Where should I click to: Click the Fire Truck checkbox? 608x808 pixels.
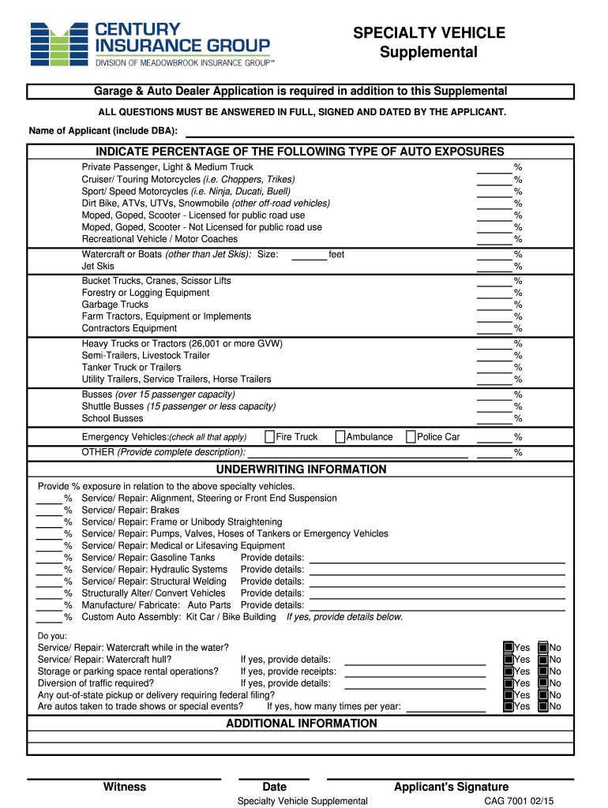(x=270, y=436)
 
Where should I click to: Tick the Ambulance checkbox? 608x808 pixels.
(x=340, y=436)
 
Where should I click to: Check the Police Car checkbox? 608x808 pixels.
(x=411, y=436)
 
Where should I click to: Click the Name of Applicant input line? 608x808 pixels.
(x=379, y=130)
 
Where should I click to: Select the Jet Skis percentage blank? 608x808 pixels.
(x=494, y=266)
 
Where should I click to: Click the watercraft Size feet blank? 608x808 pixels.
(x=309, y=255)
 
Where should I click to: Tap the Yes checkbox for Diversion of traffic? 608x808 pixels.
(x=509, y=683)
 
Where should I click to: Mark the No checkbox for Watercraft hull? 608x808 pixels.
(x=543, y=660)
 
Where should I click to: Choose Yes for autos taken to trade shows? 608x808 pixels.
(x=509, y=707)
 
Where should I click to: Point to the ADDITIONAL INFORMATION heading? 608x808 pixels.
(x=302, y=724)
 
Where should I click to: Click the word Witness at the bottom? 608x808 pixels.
(x=125, y=787)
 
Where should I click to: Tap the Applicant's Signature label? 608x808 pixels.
(x=451, y=787)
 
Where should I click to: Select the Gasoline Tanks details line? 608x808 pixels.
(x=437, y=558)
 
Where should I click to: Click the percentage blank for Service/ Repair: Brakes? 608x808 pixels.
(x=49, y=511)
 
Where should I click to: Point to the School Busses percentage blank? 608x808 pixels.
(x=494, y=418)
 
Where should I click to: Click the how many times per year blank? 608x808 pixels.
(x=445, y=707)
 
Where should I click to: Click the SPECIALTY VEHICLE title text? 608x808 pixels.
(x=429, y=32)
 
